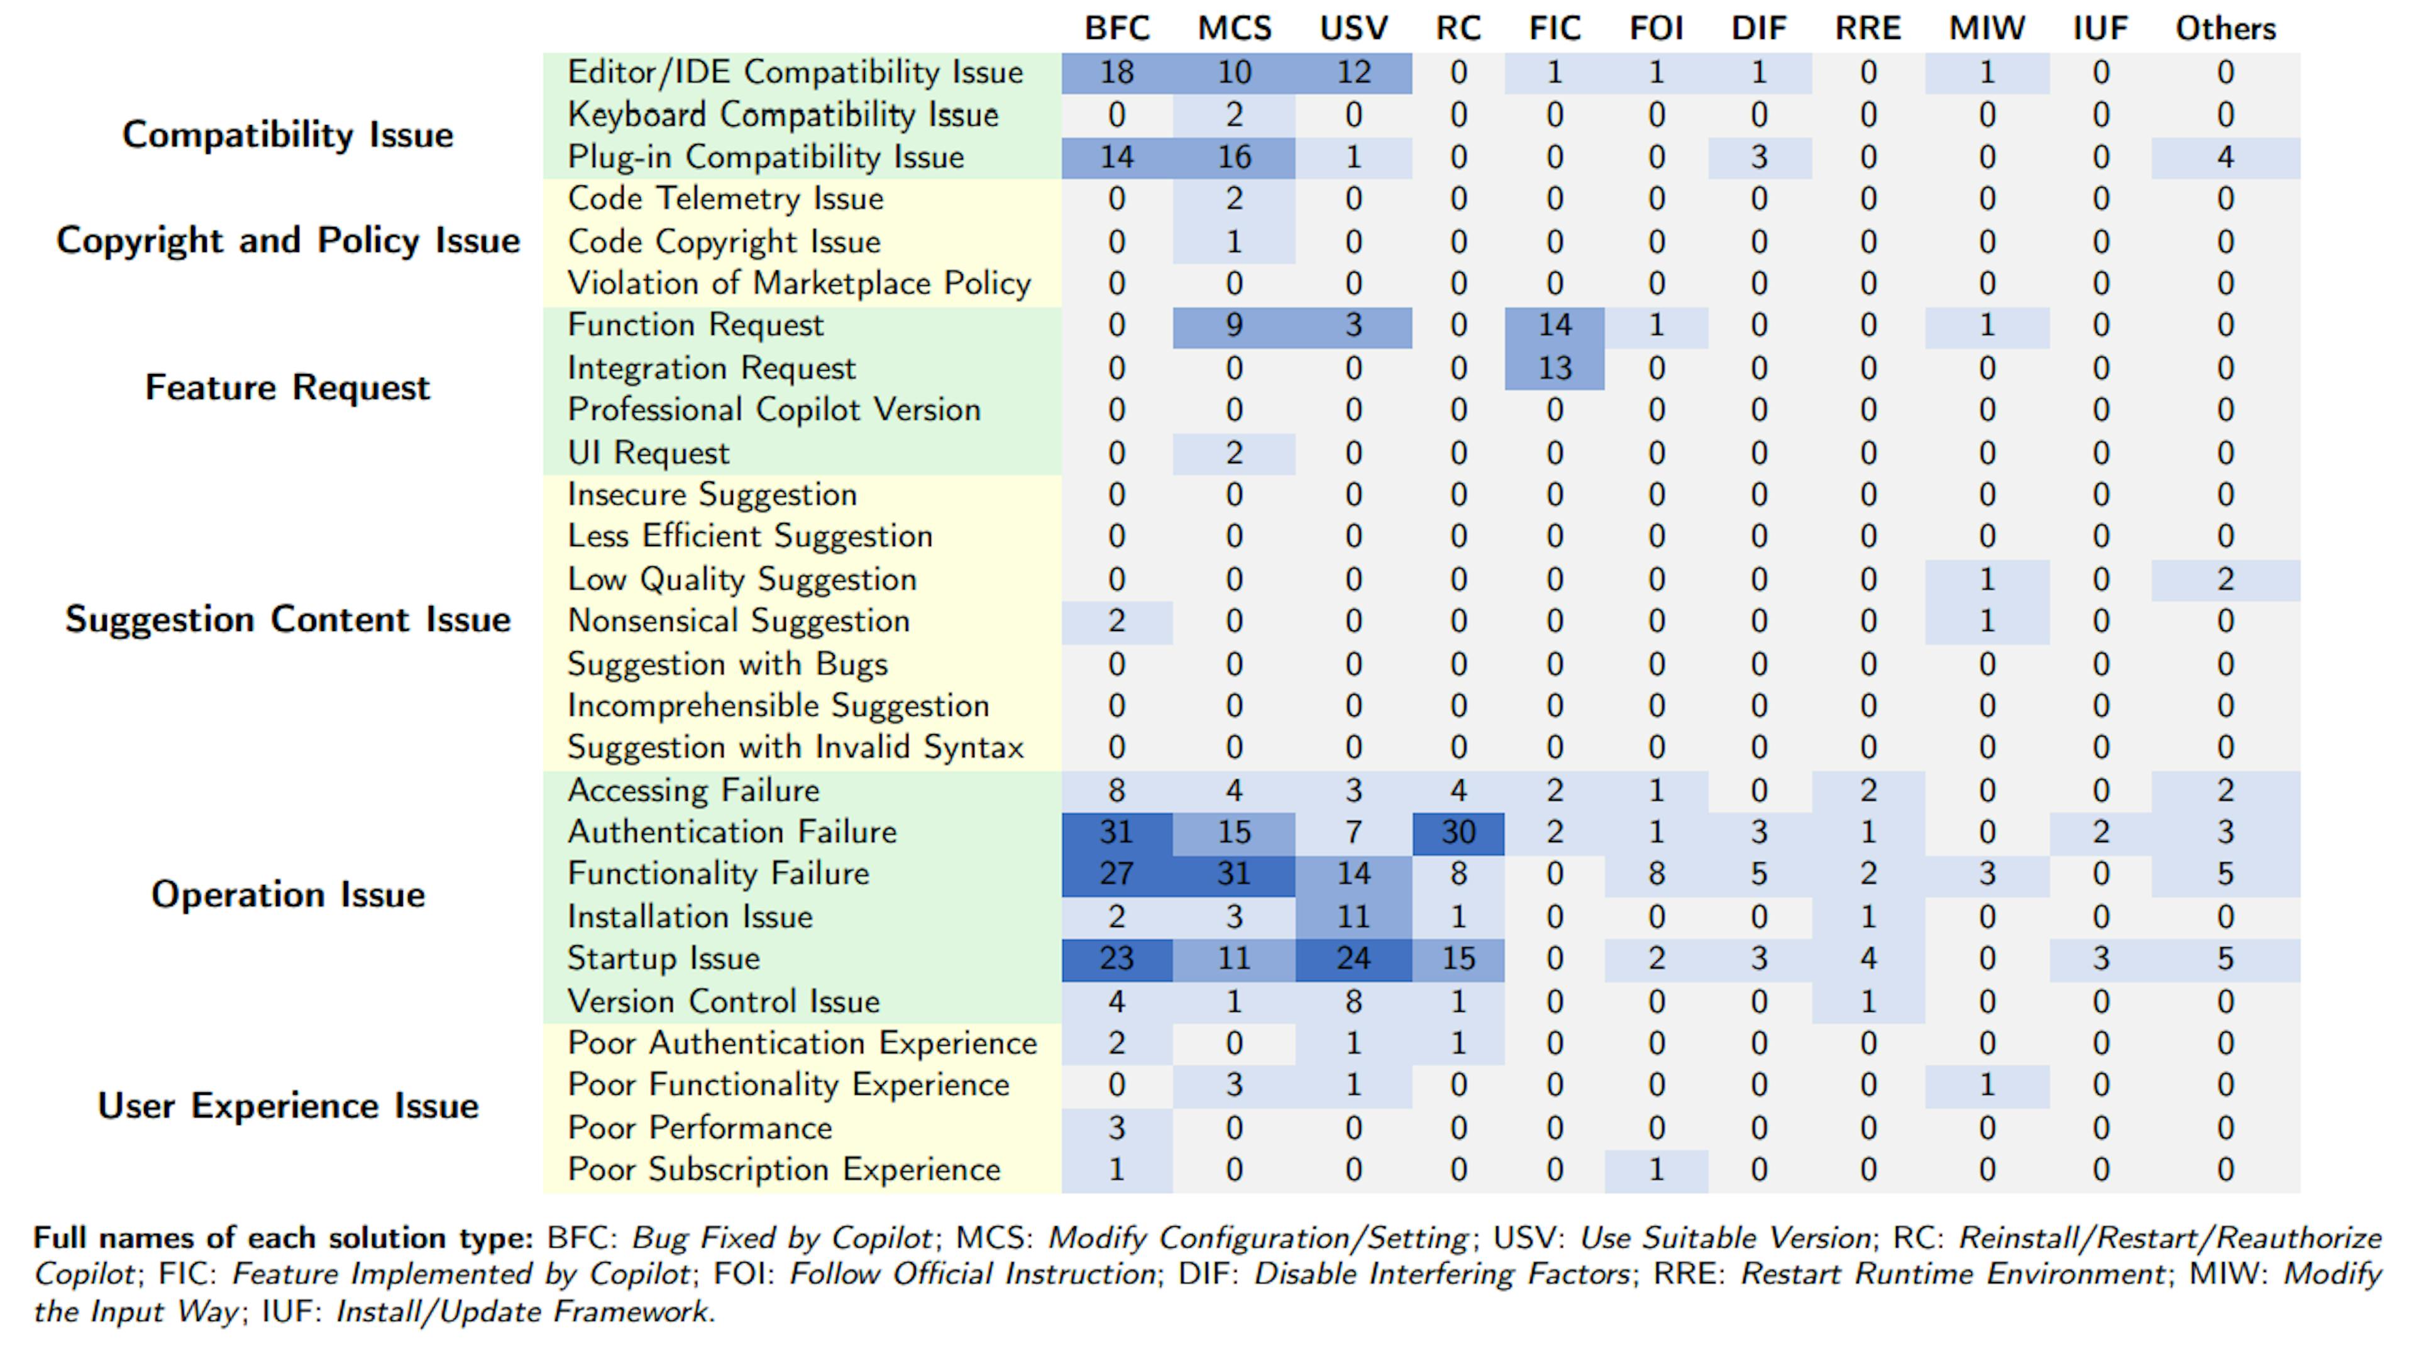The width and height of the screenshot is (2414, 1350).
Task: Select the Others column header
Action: [x=2225, y=28]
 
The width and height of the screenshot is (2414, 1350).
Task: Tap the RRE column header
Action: [x=1868, y=28]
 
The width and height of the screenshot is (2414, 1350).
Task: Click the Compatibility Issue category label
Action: [x=288, y=135]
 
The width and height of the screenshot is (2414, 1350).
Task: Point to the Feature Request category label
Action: [x=288, y=387]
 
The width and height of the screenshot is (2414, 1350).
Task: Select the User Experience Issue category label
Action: [x=288, y=1106]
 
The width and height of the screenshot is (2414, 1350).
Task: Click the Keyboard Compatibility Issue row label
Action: [x=783, y=114]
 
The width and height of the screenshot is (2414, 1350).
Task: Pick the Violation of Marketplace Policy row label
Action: [x=798, y=283]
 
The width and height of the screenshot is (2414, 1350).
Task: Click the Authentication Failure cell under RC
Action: [x=1458, y=832]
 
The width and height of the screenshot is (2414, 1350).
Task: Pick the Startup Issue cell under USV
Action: [x=1353, y=958]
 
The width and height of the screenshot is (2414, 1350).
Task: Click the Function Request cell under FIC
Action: [x=1554, y=325]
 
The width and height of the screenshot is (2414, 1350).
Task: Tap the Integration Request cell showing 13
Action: [x=1554, y=368]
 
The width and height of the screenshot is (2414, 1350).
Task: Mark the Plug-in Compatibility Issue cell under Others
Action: [x=2225, y=156]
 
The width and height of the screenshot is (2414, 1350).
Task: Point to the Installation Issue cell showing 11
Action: [x=1353, y=916]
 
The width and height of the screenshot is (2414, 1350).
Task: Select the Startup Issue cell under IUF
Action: [x=2100, y=958]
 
